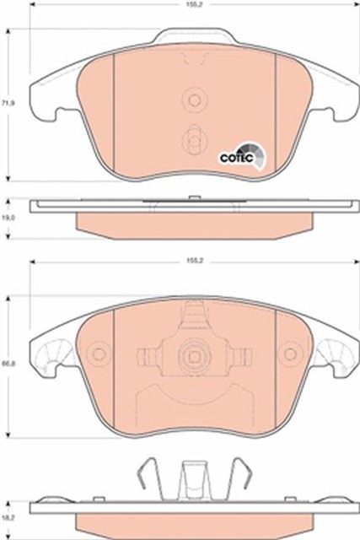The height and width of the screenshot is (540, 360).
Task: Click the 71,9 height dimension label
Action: tap(9, 102)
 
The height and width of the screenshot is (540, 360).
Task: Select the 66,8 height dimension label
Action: tap(9, 364)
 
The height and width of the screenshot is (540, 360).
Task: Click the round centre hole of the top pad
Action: tap(195, 100)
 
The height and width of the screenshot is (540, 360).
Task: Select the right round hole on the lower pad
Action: tap(290, 354)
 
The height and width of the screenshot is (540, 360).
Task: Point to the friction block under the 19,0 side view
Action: tap(192, 223)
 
